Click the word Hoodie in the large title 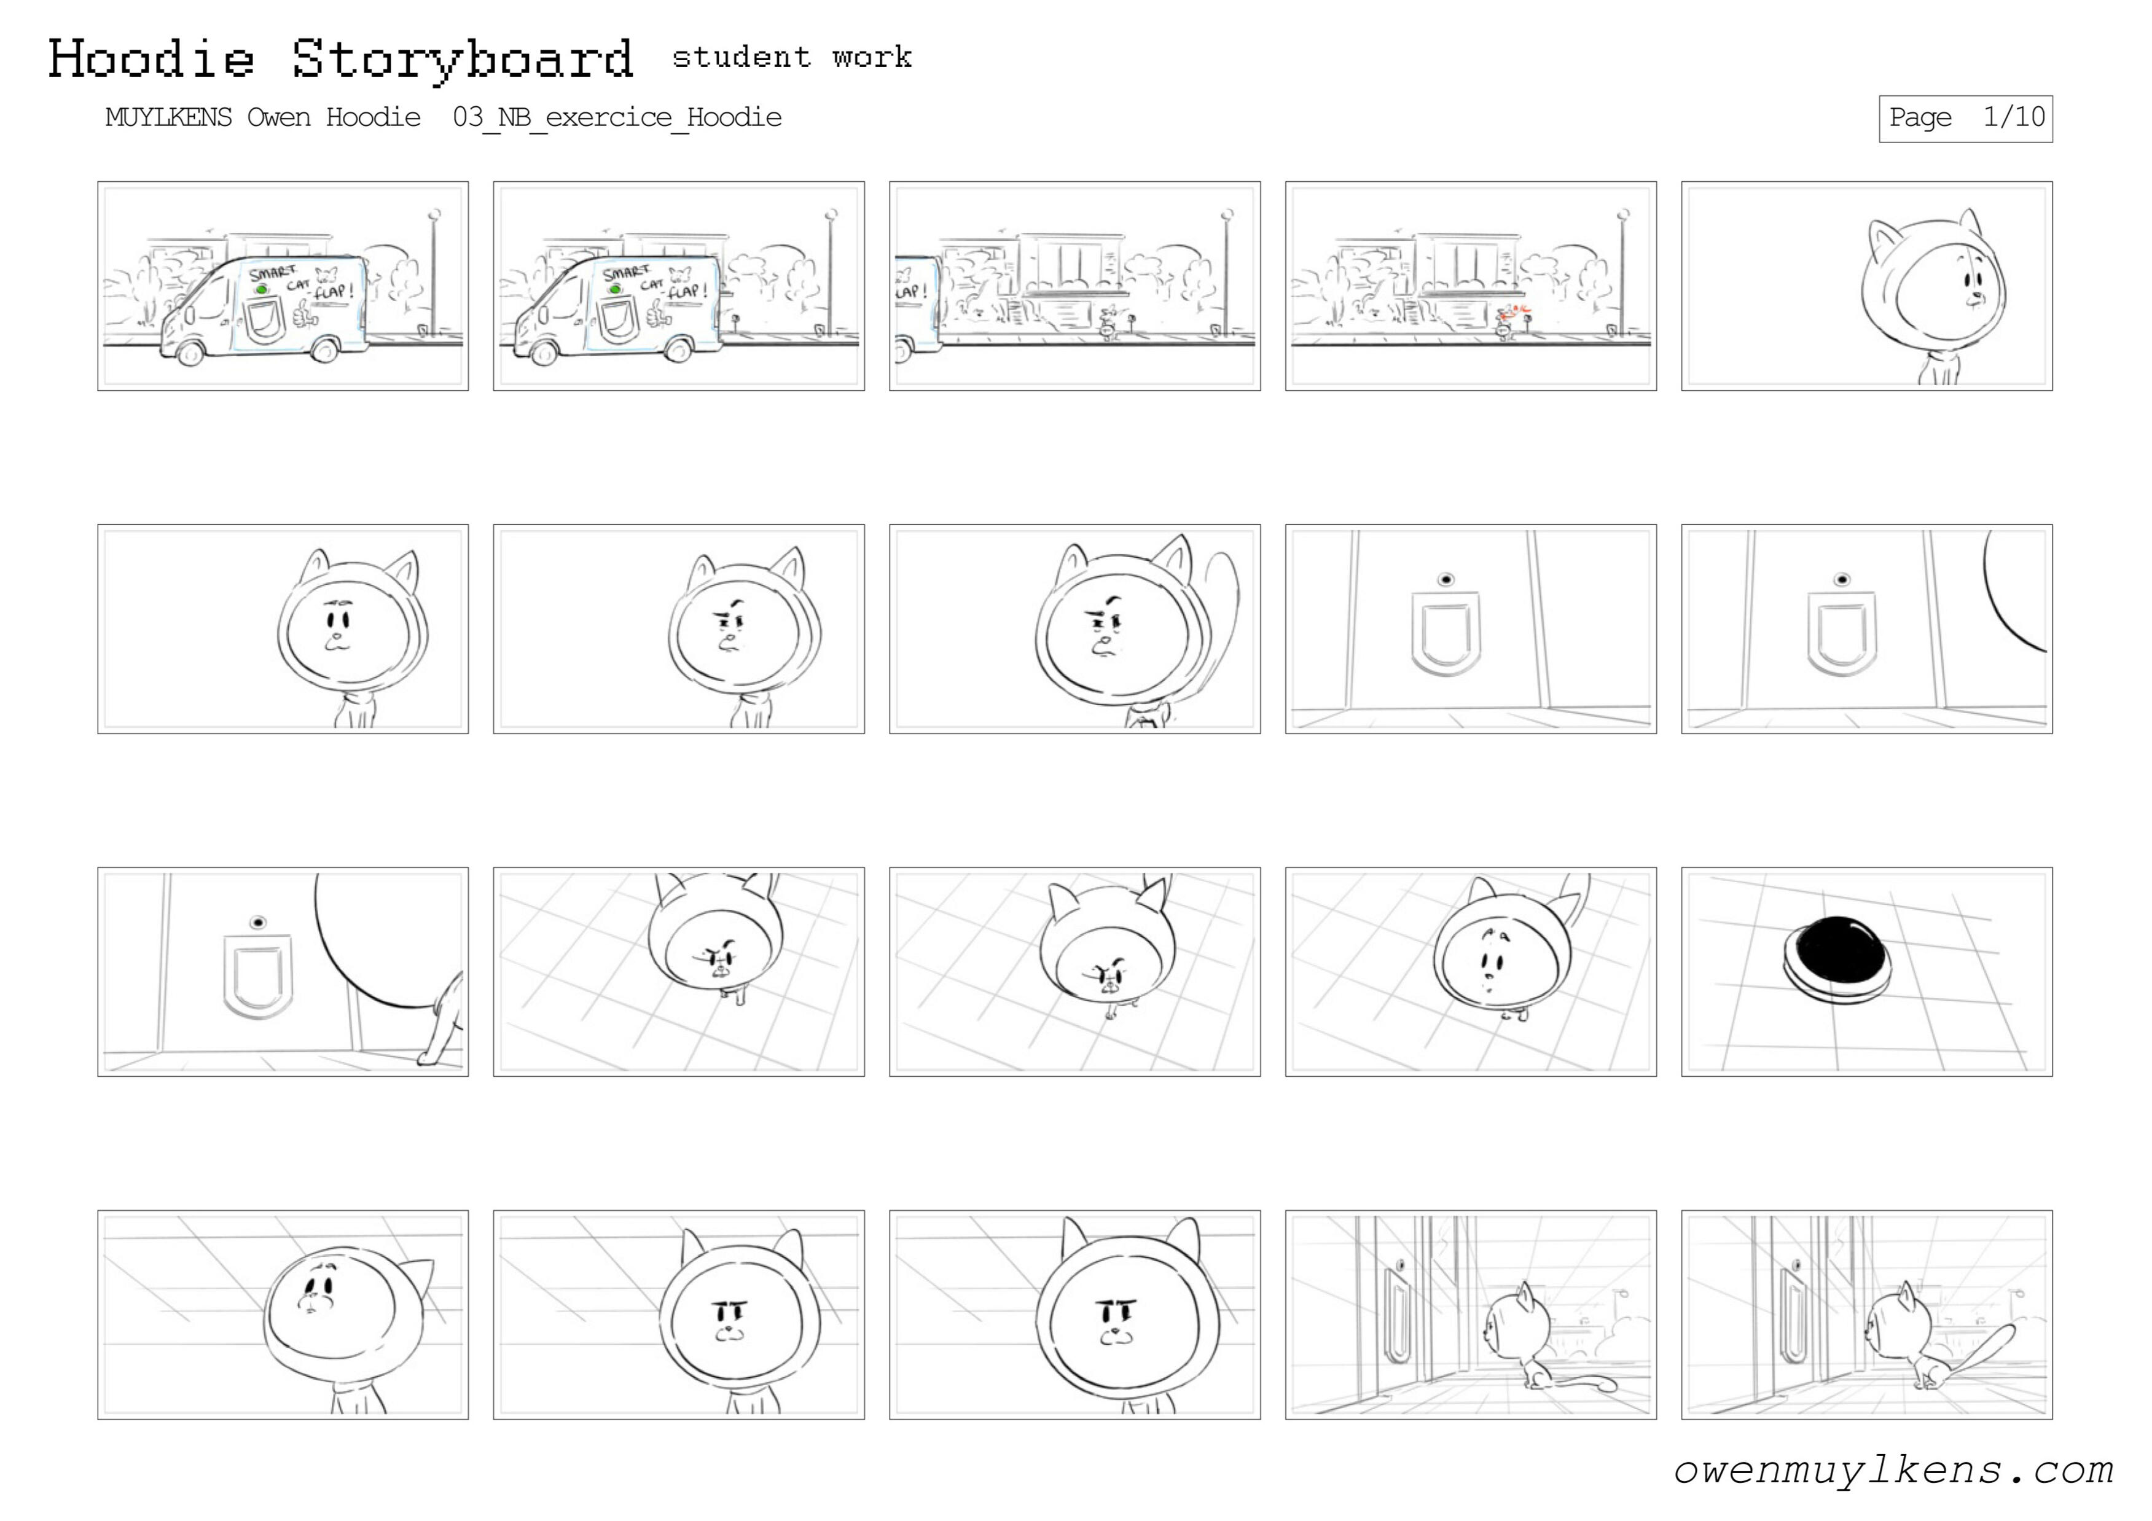[x=151, y=58]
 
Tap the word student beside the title [x=740, y=57]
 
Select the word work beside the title [x=872, y=57]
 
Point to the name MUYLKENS [x=169, y=117]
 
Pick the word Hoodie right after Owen [x=373, y=117]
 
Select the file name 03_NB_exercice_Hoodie [x=617, y=117]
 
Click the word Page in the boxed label [x=1920, y=118]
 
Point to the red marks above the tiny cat [x=1512, y=312]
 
